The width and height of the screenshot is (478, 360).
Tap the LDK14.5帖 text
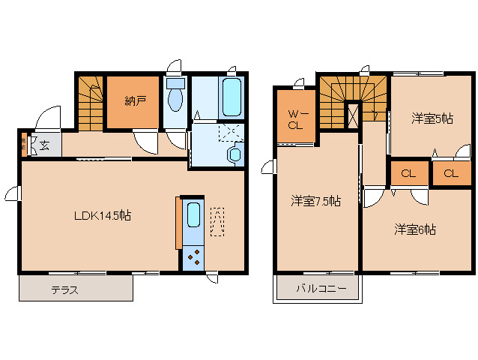click(103, 215)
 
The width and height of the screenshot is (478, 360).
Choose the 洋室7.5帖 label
click(315, 201)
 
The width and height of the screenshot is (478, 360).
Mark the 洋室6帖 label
click(415, 229)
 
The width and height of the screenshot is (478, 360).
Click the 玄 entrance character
click(44, 145)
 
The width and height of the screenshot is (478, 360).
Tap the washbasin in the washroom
click(235, 154)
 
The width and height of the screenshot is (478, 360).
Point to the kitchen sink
click(193, 215)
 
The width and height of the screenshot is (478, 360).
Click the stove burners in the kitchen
click(193, 256)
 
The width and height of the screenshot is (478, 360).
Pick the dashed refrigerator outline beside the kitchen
click(217, 221)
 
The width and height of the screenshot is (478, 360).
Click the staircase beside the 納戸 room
click(90, 101)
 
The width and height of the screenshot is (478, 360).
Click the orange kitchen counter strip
click(178, 222)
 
